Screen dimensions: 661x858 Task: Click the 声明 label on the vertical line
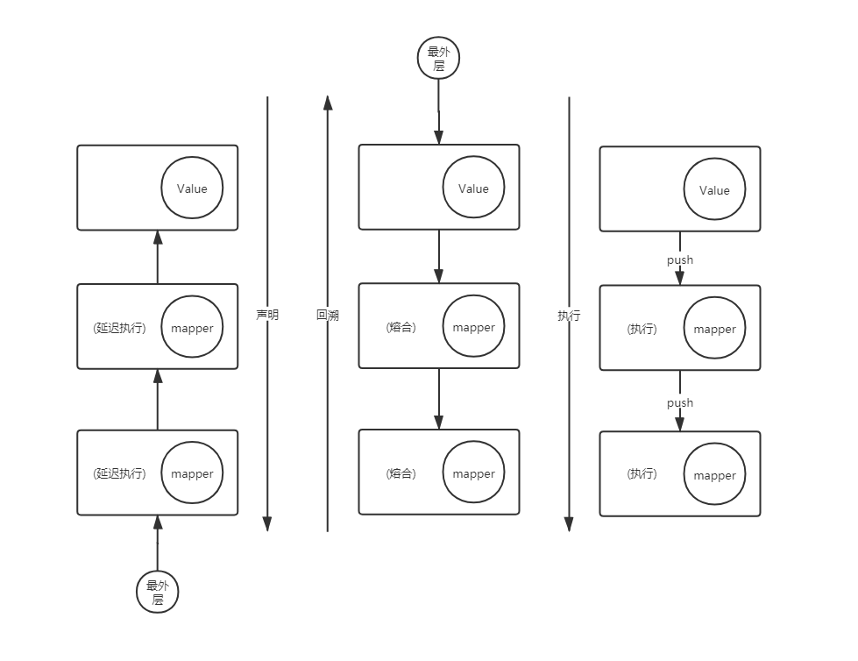(267, 314)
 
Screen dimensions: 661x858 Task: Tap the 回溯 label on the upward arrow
(328, 315)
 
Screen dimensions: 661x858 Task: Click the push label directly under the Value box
(680, 259)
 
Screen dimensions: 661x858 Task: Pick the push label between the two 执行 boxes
(680, 402)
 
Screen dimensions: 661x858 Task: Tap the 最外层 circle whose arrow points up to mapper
(158, 593)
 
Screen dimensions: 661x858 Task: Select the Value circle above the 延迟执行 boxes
(192, 188)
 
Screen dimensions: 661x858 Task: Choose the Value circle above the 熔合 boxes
(473, 188)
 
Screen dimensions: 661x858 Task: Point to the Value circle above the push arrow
(714, 190)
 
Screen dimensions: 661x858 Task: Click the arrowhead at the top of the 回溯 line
(328, 104)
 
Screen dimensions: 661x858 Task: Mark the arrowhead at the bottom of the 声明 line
(267, 523)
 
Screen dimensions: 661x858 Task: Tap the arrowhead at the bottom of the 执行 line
(569, 523)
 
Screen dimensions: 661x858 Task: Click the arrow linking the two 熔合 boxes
(439, 399)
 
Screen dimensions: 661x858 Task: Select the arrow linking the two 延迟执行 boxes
(158, 399)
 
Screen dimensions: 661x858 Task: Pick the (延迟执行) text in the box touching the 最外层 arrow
(119, 473)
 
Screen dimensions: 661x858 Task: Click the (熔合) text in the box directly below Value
(401, 327)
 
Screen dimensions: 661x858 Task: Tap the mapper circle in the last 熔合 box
(473, 473)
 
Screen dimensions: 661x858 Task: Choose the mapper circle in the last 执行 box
(714, 475)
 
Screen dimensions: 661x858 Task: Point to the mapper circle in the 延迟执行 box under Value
(192, 327)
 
